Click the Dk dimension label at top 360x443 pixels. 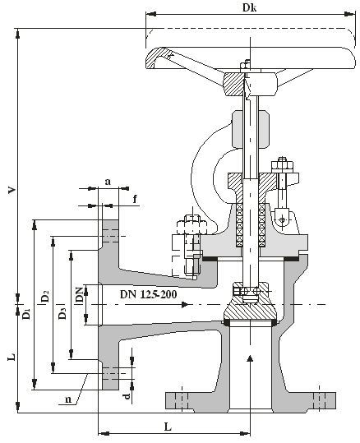[250, 7]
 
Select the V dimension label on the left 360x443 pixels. [12, 190]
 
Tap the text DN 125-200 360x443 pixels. [149, 294]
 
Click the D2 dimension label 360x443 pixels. [45, 296]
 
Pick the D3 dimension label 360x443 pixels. [62, 313]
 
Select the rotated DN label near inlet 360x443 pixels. [79, 295]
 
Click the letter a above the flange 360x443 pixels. [108, 182]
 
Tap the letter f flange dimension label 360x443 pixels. [135, 199]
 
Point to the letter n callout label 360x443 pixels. [68, 399]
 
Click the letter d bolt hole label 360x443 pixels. [127, 395]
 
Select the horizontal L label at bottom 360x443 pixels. [168, 427]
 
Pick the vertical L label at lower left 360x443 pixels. [12, 357]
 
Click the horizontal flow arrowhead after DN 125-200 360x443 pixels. [185, 305]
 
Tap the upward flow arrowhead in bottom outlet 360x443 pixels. [250, 358]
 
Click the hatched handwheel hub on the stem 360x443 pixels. [234, 84]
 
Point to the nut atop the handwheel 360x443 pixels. [245, 66]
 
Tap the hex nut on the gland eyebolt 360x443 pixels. [282, 165]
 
